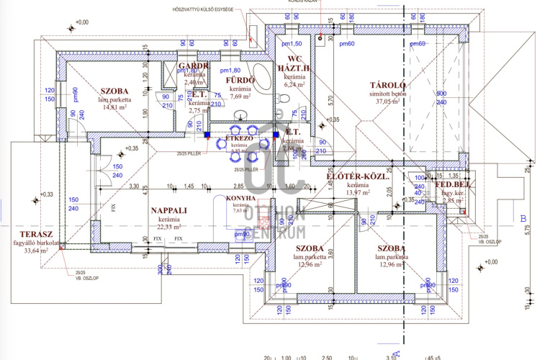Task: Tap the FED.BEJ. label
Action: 452,184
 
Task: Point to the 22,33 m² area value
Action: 170,227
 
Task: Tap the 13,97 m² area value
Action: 358,193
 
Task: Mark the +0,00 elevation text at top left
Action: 81,22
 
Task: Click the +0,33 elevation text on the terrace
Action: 46,194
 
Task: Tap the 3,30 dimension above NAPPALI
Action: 134,186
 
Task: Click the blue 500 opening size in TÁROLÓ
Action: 441,94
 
